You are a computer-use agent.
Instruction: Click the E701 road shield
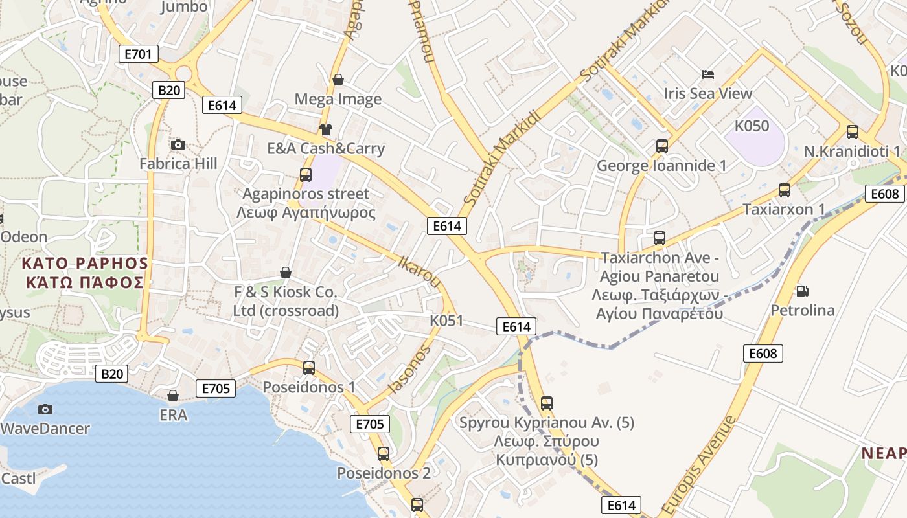point(139,54)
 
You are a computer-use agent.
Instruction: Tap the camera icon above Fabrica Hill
point(178,144)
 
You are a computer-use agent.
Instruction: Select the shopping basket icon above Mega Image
point(338,80)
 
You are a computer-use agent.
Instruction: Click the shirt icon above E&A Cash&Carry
point(325,129)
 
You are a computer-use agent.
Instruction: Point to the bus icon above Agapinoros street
point(306,174)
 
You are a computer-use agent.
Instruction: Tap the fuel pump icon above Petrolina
point(802,291)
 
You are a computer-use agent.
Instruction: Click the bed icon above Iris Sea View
point(708,74)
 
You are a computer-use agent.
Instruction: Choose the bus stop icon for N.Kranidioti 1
point(853,132)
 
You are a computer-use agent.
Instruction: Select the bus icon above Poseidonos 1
point(309,368)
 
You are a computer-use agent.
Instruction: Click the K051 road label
point(447,321)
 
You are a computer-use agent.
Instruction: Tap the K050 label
point(752,126)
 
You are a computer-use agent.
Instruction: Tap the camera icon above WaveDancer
point(45,409)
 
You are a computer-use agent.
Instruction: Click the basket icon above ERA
point(173,395)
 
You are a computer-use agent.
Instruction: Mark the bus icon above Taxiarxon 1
point(785,190)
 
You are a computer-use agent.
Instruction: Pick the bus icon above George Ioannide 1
point(661,146)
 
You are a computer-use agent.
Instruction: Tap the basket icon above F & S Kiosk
point(285,273)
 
